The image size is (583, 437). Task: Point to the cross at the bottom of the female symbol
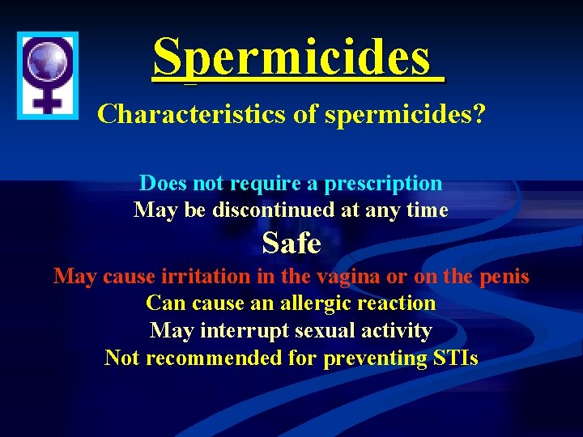48,100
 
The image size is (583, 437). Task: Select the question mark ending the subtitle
479,114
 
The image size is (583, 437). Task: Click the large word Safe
291,243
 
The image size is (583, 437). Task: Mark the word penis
503,277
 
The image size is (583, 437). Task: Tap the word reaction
396,303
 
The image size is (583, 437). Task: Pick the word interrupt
240,331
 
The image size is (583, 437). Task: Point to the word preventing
377,358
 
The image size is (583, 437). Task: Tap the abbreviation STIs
456,358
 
